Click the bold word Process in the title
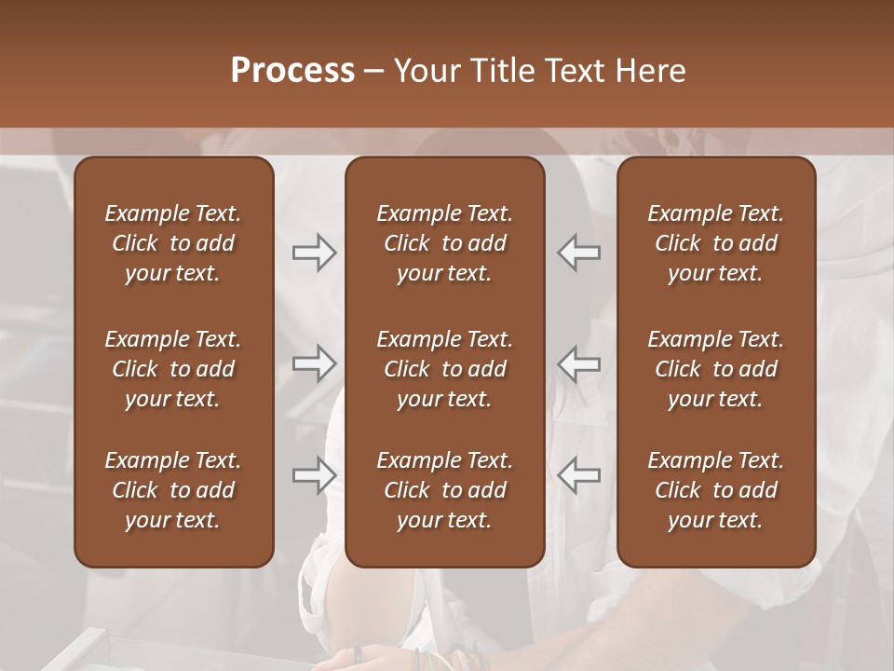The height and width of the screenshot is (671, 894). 292,71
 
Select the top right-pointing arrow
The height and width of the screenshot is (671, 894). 314,253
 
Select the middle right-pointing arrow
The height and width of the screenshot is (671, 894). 314,363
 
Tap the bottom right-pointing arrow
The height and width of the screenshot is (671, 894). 314,474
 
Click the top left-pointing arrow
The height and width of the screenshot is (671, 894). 578,253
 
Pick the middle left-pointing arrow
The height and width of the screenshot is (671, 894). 578,363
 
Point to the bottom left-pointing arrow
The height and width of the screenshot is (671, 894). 578,474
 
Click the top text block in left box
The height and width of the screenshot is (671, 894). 173,243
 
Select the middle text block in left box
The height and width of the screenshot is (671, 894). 173,369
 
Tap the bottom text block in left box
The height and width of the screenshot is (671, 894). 173,490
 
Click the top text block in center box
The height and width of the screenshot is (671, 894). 444,243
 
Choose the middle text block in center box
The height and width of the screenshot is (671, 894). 444,369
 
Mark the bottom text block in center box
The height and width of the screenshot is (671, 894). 444,490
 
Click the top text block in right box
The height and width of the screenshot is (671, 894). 715,243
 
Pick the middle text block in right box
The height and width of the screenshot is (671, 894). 715,369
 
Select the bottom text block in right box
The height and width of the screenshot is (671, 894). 715,490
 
